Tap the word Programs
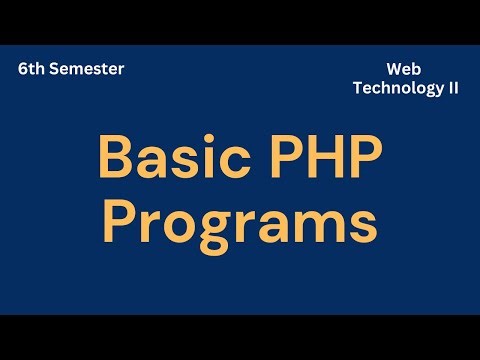(241, 222)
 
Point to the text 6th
(30, 70)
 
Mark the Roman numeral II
(452, 87)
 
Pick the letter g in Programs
(212, 228)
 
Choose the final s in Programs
(365, 224)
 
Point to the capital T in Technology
(357, 87)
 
